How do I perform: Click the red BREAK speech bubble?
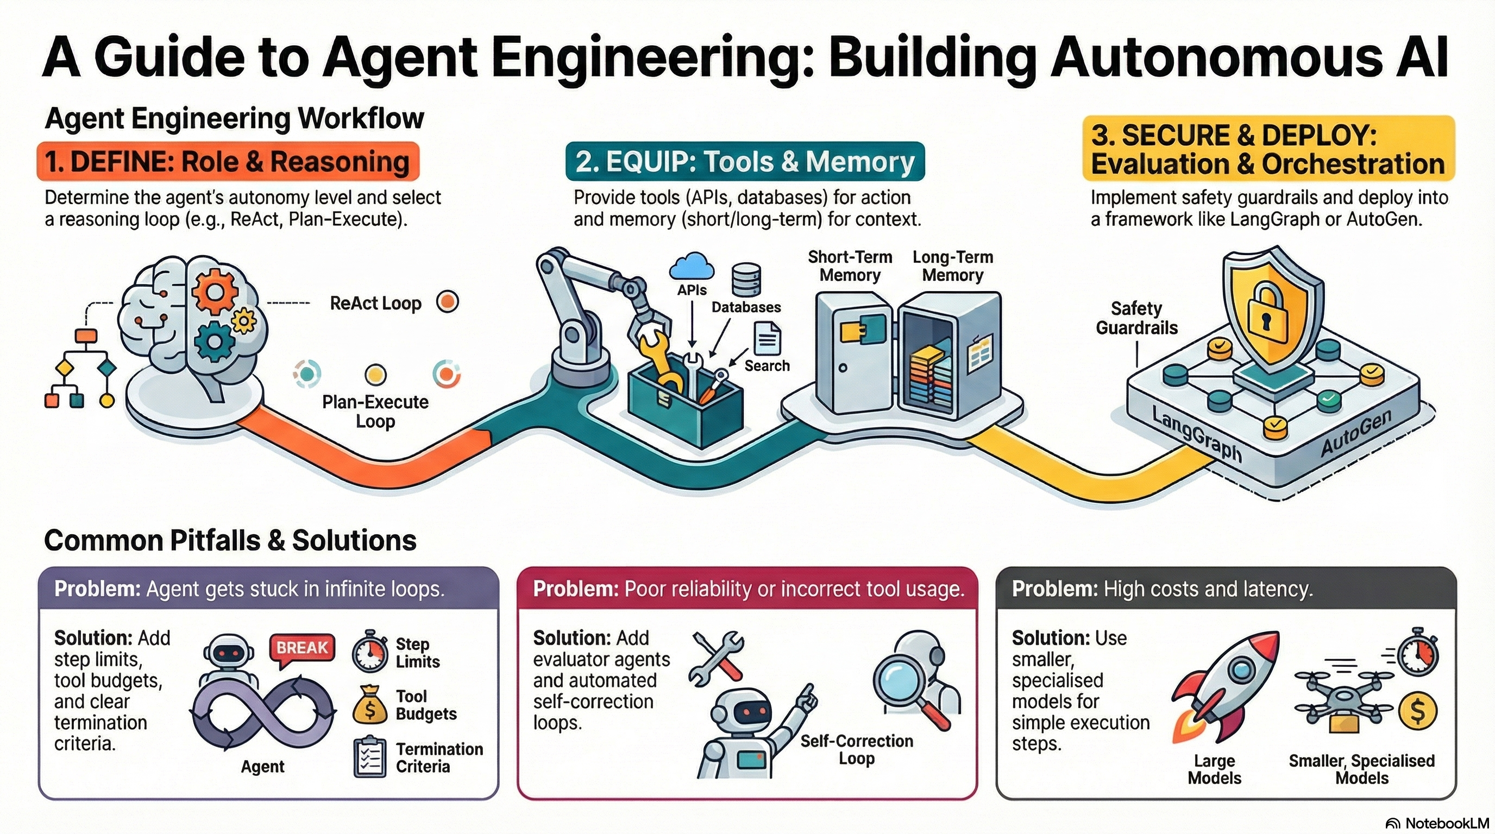[x=302, y=648]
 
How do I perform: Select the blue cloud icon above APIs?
[x=691, y=267]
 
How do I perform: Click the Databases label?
[x=746, y=307]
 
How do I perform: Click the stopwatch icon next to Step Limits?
[x=370, y=652]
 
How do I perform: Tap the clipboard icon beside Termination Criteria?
[x=370, y=757]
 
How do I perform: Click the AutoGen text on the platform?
[x=1356, y=433]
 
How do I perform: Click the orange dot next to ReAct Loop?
[x=448, y=301]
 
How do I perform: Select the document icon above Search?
[x=767, y=338]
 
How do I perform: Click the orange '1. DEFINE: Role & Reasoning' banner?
[x=228, y=161]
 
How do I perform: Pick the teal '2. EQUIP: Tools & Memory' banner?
[x=745, y=161]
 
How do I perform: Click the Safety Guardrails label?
[x=1136, y=318]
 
